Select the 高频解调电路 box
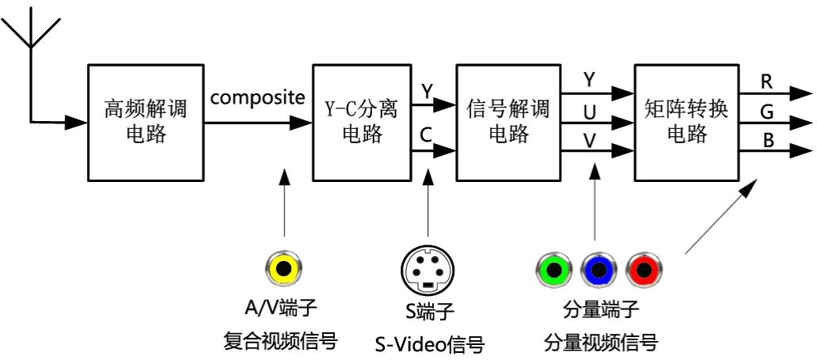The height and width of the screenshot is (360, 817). pos(145,122)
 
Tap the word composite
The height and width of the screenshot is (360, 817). pos(258,99)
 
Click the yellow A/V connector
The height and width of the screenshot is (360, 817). pos(283,269)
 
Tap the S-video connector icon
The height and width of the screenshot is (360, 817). pos(428,269)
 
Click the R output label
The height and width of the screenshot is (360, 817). pos(766,81)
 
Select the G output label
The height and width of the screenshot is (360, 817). pos(766,112)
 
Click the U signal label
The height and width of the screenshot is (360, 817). pos(590,112)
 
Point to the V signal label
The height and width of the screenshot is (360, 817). pos(590,142)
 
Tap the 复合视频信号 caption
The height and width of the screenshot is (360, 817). pos(283,343)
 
